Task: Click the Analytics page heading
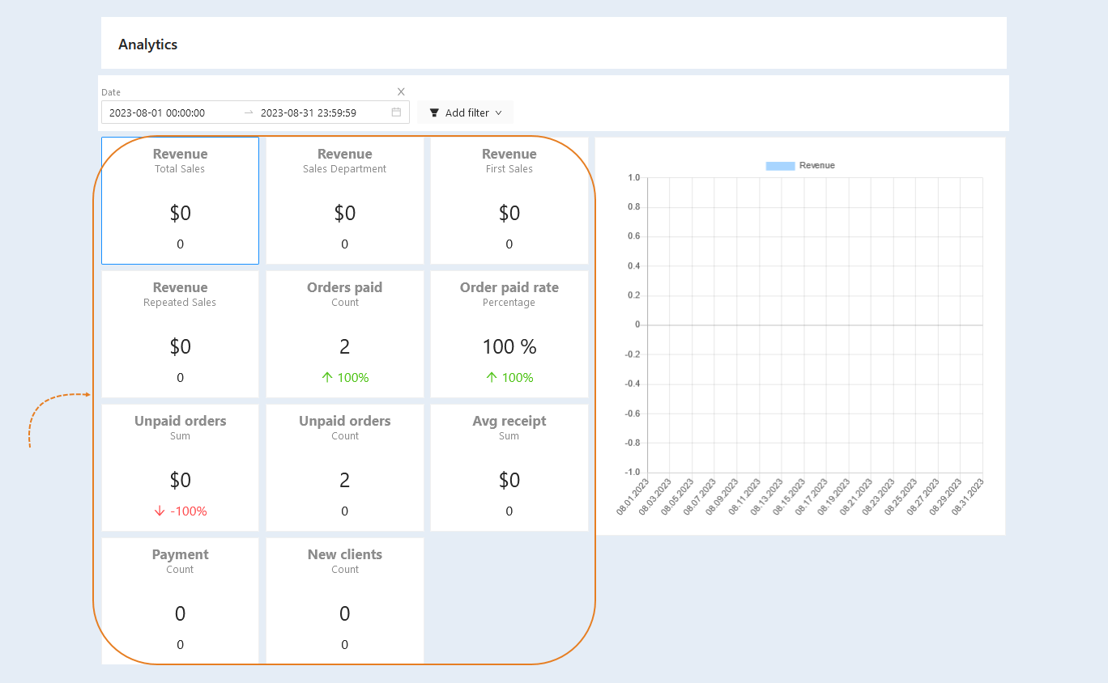coord(147,45)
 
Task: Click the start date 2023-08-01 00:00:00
coord(157,112)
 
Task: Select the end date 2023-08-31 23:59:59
coord(308,112)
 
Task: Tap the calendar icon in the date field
coord(396,112)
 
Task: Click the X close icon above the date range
coord(401,91)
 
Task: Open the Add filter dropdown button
coord(465,112)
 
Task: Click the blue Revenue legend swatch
coord(780,166)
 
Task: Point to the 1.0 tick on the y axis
coord(633,177)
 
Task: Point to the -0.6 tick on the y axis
coord(632,414)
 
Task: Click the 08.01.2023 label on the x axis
coord(632,497)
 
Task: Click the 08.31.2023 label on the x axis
coord(967,497)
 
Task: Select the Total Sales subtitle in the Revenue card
coord(180,169)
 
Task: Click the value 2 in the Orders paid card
coord(345,346)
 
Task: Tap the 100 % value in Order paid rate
coord(509,346)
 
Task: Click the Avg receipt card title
coord(509,421)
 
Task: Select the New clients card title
coord(345,554)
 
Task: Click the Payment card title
coord(180,555)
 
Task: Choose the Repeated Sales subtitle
coord(180,303)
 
